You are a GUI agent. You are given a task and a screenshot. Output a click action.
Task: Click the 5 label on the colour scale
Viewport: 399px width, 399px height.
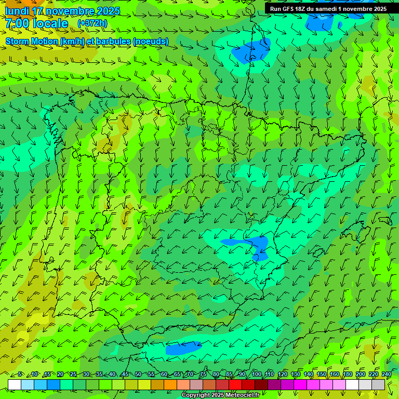(x=20, y=374)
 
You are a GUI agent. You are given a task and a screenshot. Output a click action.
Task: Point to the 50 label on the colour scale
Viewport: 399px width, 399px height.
(x=138, y=374)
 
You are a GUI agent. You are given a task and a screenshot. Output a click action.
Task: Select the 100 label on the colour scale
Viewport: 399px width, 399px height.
(x=257, y=374)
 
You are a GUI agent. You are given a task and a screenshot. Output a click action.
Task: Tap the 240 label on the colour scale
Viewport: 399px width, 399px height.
(x=387, y=374)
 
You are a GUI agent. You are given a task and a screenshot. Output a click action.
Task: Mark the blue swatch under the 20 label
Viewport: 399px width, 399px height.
(x=54, y=384)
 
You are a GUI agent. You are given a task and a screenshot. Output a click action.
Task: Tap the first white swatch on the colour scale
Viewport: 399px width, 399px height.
(x=15, y=384)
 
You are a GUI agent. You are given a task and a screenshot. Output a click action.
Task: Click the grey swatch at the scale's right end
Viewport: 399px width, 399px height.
(x=378, y=384)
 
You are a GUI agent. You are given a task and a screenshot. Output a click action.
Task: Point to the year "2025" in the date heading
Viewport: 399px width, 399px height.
(x=108, y=11)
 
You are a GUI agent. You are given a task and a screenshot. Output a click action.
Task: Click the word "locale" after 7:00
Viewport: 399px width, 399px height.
(x=50, y=23)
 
